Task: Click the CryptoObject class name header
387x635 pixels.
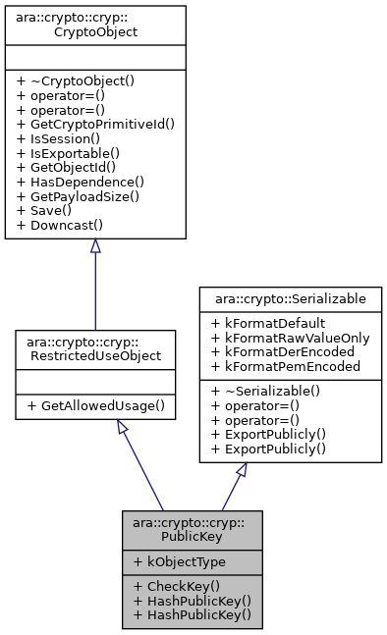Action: coord(95,25)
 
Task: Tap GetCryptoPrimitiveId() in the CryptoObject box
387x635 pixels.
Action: coord(95,125)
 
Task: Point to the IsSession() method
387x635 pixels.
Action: coord(57,138)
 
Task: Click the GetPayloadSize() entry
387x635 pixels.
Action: coord(81,196)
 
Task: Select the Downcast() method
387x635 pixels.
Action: coord(61,225)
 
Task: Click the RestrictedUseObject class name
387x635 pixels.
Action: coord(95,350)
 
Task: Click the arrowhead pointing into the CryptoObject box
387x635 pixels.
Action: coord(95,247)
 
